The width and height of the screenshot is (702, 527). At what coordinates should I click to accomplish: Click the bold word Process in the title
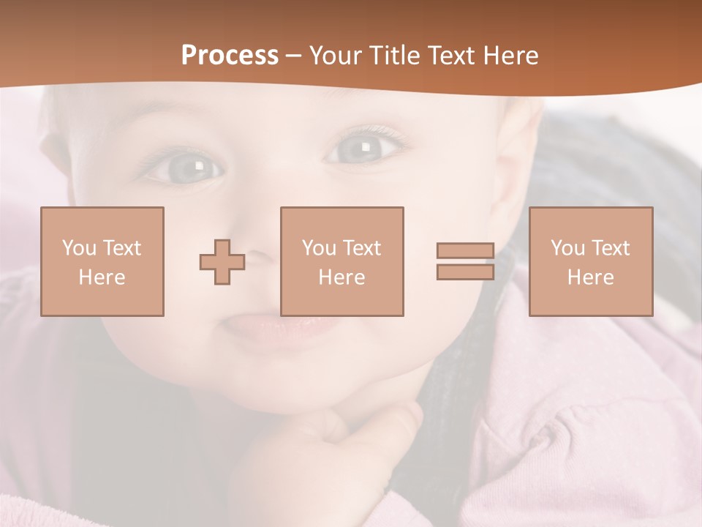tap(230, 56)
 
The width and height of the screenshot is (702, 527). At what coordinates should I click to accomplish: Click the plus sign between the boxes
tap(222, 262)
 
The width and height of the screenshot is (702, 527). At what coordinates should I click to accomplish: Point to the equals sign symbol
tap(465, 261)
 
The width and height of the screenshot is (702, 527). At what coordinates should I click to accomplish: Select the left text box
tap(102, 261)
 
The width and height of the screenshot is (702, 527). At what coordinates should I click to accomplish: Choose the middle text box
tap(341, 261)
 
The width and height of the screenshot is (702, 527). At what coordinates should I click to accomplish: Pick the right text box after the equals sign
tap(590, 261)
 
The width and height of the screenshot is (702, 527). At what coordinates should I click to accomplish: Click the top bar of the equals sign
tap(465, 251)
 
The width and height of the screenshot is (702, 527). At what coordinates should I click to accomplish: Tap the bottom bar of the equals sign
tap(465, 272)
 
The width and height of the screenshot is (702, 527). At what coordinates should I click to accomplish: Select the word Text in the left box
tap(121, 248)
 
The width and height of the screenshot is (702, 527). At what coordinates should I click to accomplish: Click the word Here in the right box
tap(590, 277)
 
